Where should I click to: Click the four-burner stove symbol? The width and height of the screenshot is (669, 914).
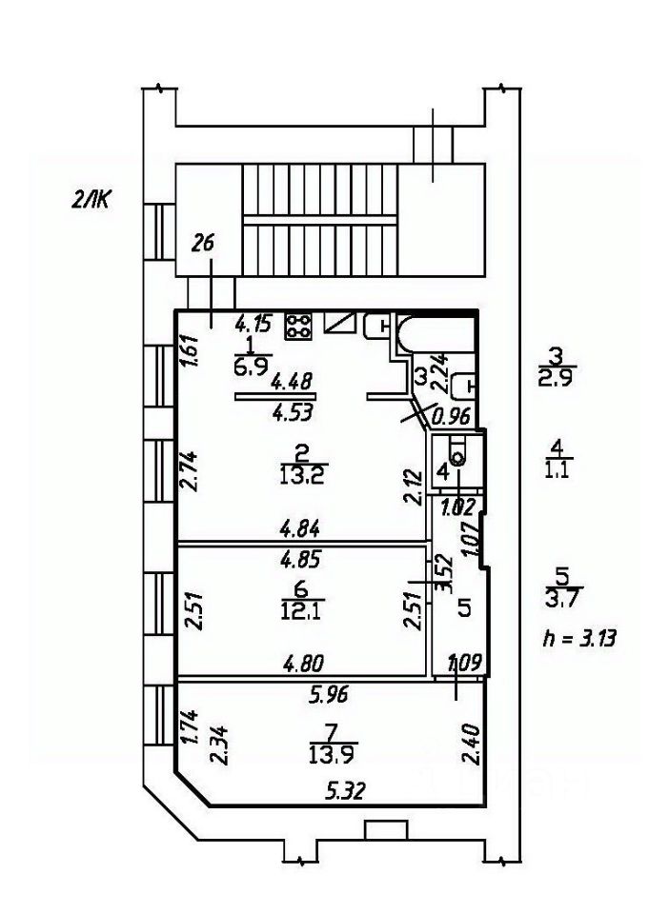(298, 327)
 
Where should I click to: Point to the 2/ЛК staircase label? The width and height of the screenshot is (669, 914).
(91, 199)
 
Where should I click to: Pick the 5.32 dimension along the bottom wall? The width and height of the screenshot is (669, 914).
(345, 789)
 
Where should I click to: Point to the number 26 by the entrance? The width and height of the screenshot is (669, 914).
(202, 244)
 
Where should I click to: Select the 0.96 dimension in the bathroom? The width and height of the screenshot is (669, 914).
(452, 415)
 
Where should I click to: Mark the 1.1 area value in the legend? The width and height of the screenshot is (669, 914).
(559, 470)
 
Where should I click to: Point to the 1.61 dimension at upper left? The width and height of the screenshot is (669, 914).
(189, 353)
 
